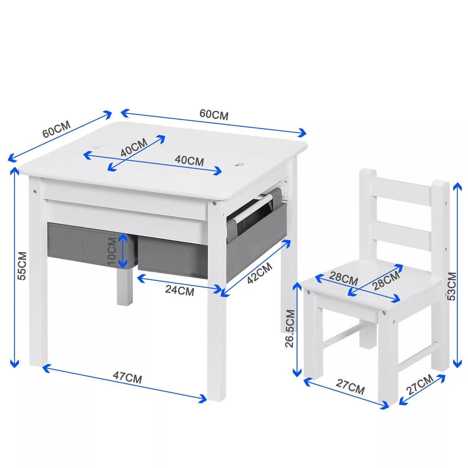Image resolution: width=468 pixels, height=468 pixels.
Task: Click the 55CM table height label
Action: pos(22,266)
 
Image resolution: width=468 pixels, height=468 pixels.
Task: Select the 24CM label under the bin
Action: pos(179,290)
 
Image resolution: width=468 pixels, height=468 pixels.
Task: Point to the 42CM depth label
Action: pos(260,273)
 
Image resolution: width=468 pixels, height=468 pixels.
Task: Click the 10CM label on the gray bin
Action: pos(112,251)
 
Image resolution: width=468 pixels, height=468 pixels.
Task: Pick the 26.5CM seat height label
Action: pos(290,328)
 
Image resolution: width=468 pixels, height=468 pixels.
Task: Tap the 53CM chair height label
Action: pos(451,287)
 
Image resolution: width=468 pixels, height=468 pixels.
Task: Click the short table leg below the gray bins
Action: pos(125,287)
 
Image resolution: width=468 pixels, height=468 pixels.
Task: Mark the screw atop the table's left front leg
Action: pos(35,191)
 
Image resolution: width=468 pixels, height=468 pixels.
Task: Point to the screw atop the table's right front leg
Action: pos(214,203)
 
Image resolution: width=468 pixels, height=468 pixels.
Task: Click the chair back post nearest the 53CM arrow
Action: pos(440,273)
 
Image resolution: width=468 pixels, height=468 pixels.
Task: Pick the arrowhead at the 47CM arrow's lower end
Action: pos(203,399)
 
